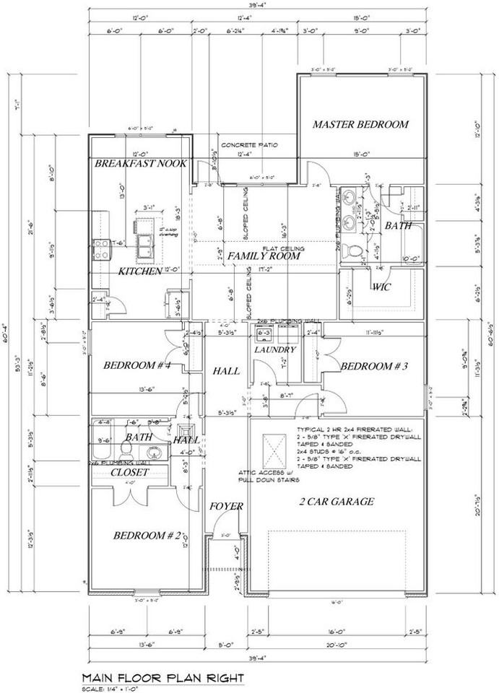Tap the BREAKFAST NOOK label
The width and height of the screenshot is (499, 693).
[141, 164]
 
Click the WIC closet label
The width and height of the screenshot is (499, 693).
[381, 287]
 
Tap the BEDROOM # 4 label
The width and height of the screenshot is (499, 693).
[137, 365]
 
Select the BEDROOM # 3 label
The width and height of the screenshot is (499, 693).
[375, 366]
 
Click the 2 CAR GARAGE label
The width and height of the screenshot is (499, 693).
[337, 501]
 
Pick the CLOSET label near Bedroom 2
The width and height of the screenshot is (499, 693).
[129, 472]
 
